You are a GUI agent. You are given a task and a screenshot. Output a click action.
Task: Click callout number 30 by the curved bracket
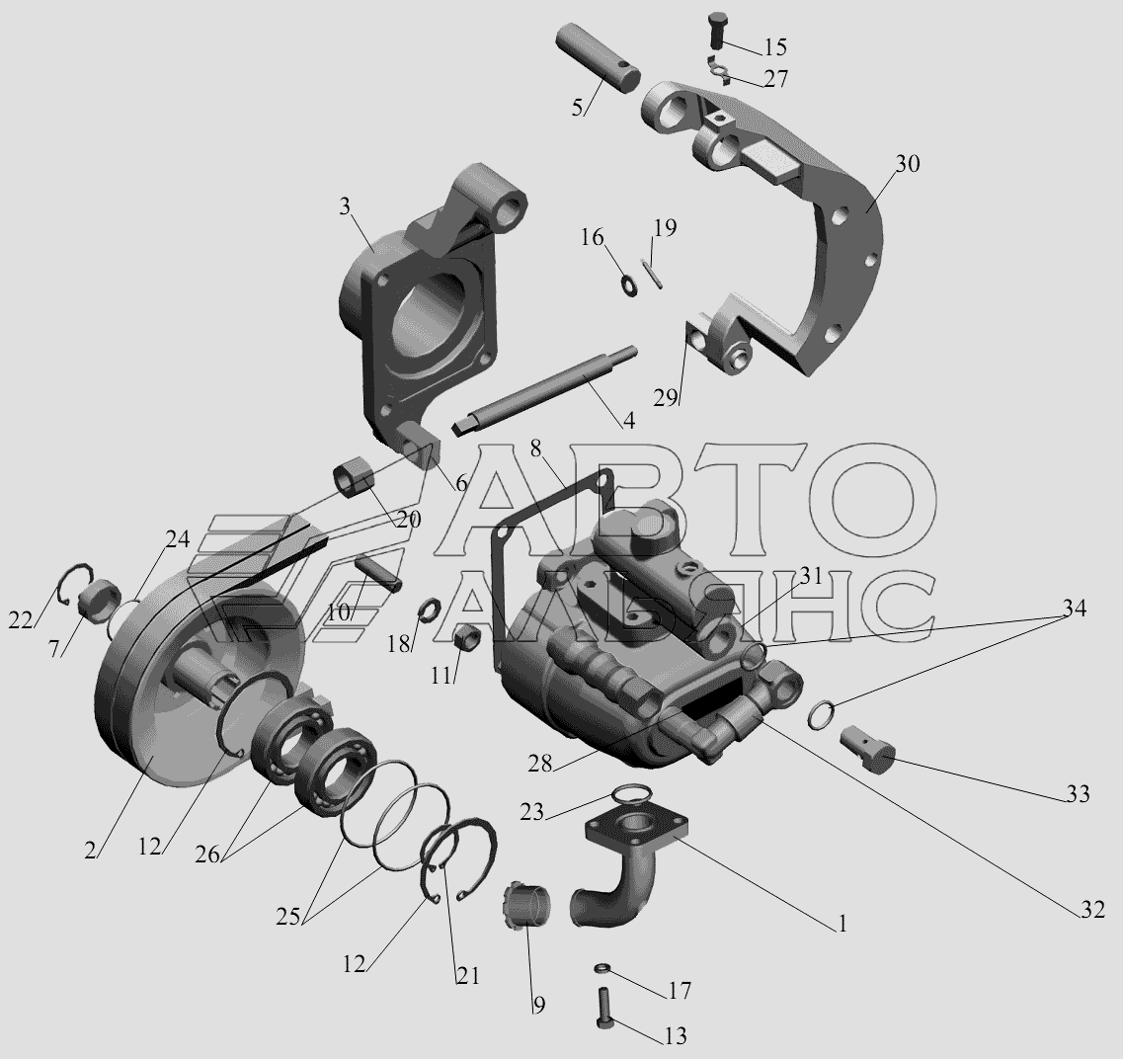[907, 164]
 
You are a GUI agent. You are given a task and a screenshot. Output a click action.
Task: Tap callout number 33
[1078, 794]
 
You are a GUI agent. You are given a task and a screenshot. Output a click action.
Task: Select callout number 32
[1093, 910]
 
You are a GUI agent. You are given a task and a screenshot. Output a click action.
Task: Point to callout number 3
[346, 207]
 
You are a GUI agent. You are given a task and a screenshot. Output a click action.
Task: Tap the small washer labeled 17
[602, 969]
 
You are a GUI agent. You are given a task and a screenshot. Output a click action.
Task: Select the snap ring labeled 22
[74, 585]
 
